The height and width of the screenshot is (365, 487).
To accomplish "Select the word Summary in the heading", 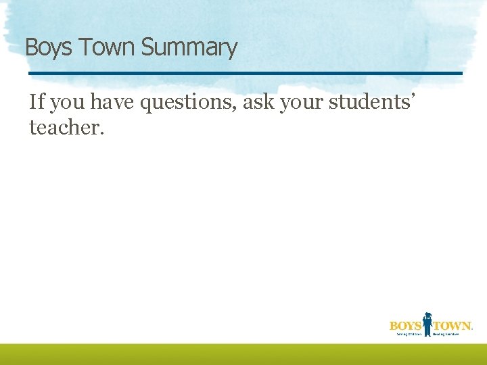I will point(189,49).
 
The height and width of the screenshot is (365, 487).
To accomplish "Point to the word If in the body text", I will point(37,102).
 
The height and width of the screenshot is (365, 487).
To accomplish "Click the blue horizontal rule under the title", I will point(245,73).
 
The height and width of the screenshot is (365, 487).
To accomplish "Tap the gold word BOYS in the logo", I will point(405,326).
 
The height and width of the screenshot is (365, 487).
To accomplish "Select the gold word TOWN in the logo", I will point(451,326).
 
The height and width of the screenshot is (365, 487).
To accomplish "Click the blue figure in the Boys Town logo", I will point(427,324).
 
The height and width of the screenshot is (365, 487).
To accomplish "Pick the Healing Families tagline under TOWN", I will point(451,334).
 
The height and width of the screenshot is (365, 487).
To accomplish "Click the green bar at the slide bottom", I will point(243,354).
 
